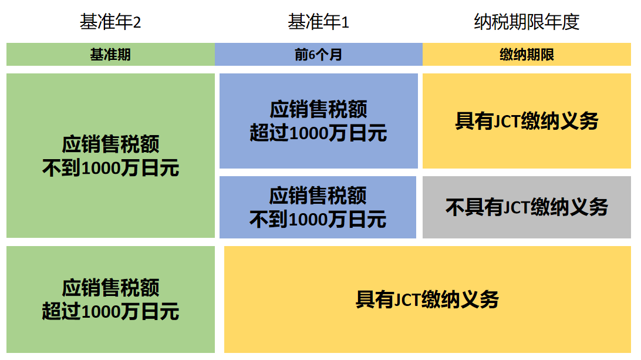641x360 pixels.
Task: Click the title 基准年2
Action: click(110, 22)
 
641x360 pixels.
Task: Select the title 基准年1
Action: click(318, 22)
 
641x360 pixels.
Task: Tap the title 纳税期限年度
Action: click(527, 22)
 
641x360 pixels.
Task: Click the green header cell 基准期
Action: click(110, 55)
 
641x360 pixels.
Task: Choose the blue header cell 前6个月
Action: click(318, 55)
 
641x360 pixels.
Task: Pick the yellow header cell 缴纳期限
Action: click(527, 55)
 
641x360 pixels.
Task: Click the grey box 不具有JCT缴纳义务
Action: click(527, 207)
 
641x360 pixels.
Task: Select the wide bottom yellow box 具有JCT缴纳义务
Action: click(427, 300)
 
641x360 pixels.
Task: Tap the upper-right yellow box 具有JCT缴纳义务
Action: click(527, 121)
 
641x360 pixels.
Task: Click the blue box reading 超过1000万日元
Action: click(318, 121)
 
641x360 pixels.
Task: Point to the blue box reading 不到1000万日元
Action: click(318, 207)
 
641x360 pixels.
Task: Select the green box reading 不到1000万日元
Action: click(110, 156)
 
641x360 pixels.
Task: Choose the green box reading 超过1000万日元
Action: click(110, 300)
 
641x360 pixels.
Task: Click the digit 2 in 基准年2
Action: click(137, 23)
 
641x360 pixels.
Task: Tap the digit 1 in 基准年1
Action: click(345, 23)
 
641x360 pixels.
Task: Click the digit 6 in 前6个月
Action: click(312, 55)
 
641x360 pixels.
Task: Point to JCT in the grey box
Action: click(517, 207)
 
